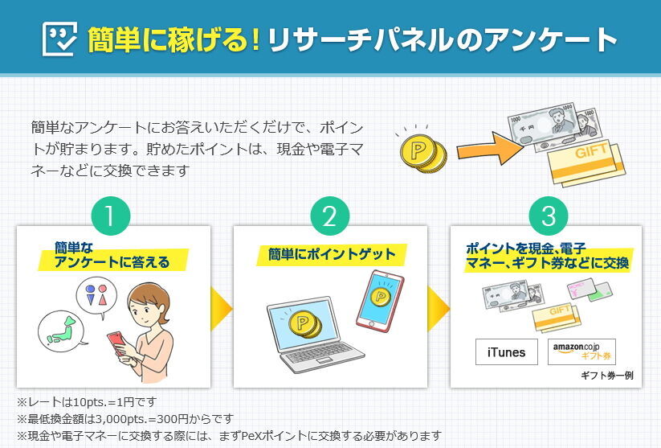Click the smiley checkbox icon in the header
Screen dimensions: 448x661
(x=59, y=38)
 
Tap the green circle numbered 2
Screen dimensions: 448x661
(x=330, y=216)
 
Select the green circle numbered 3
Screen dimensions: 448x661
(x=549, y=216)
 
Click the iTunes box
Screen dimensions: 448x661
(x=506, y=352)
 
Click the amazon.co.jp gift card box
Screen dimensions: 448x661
(x=581, y=352)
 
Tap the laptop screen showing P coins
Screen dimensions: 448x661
(x=300, y=322)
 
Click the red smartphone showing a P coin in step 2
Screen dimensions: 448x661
(x=378, y=299)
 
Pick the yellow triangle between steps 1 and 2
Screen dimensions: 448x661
(x=221, y=307)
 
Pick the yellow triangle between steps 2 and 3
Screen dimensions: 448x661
(x=439, y=307)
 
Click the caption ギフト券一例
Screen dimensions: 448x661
(x=607, y=376)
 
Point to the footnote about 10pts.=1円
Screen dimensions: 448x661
(x=87, y=401)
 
